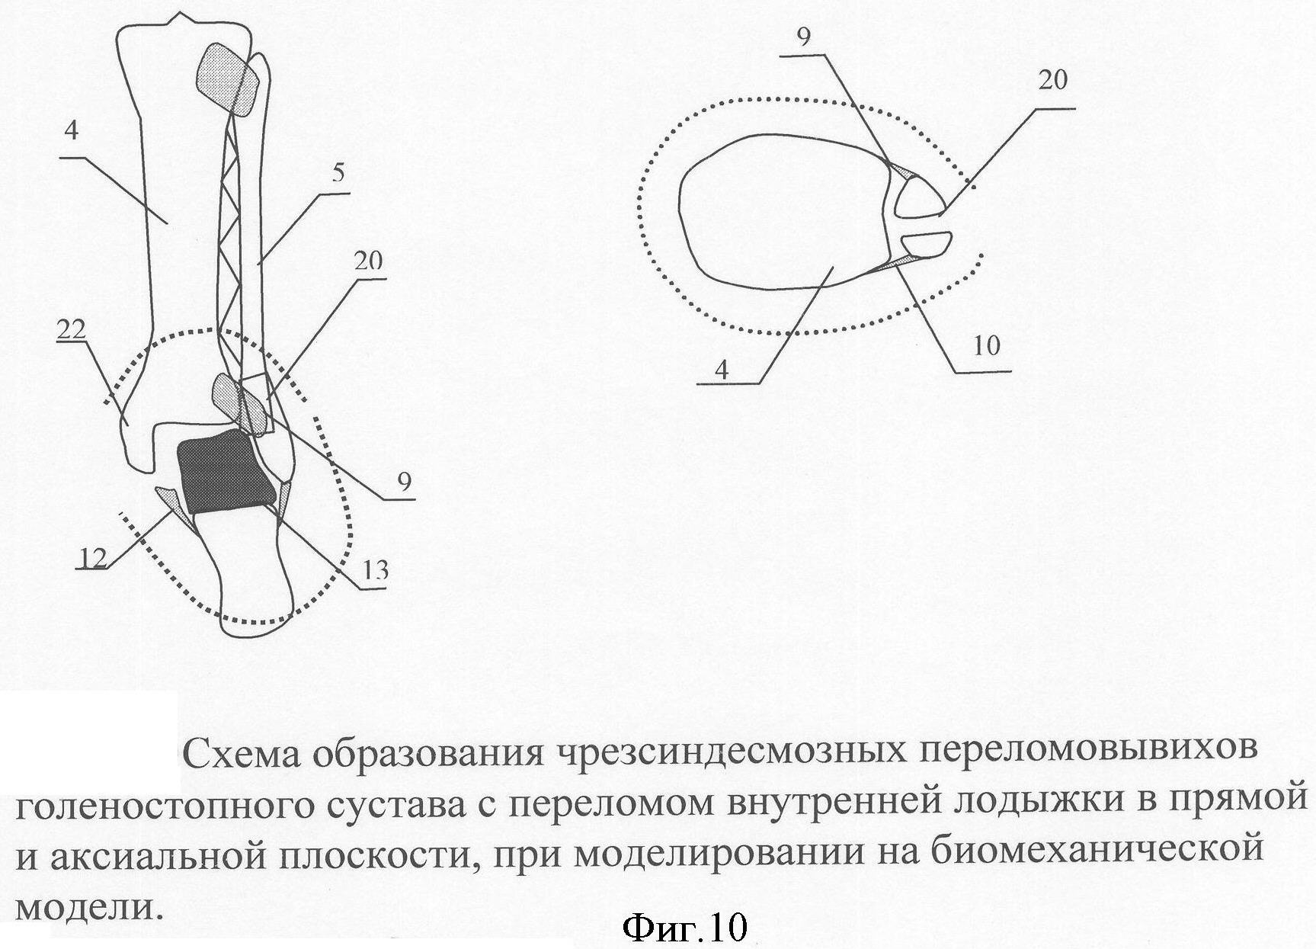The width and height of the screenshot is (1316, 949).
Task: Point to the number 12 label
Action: coord(92,559)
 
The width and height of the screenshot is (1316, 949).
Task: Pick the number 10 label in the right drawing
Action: coord(986,346)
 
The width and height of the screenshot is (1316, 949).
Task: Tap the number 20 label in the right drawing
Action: coord(1052,80)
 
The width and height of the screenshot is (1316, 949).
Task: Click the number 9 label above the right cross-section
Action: coord(804,38)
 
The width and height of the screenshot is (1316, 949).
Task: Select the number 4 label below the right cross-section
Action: coord(722,370)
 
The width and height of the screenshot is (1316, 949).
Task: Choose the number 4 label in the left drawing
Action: coord(71,130)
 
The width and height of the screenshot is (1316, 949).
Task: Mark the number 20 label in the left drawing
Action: coord(368,261)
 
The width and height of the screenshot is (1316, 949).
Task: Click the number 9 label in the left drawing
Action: coord(403,482)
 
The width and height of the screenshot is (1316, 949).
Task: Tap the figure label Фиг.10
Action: coord(684,928)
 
